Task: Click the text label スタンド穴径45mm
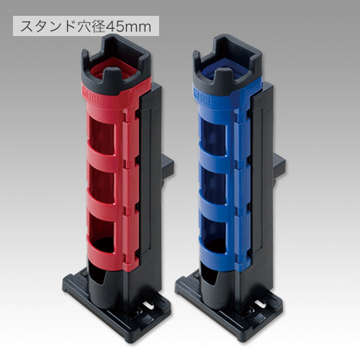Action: tap(86, 26)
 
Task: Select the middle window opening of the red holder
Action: tap(102, 185)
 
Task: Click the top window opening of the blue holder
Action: tap(213, 137)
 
